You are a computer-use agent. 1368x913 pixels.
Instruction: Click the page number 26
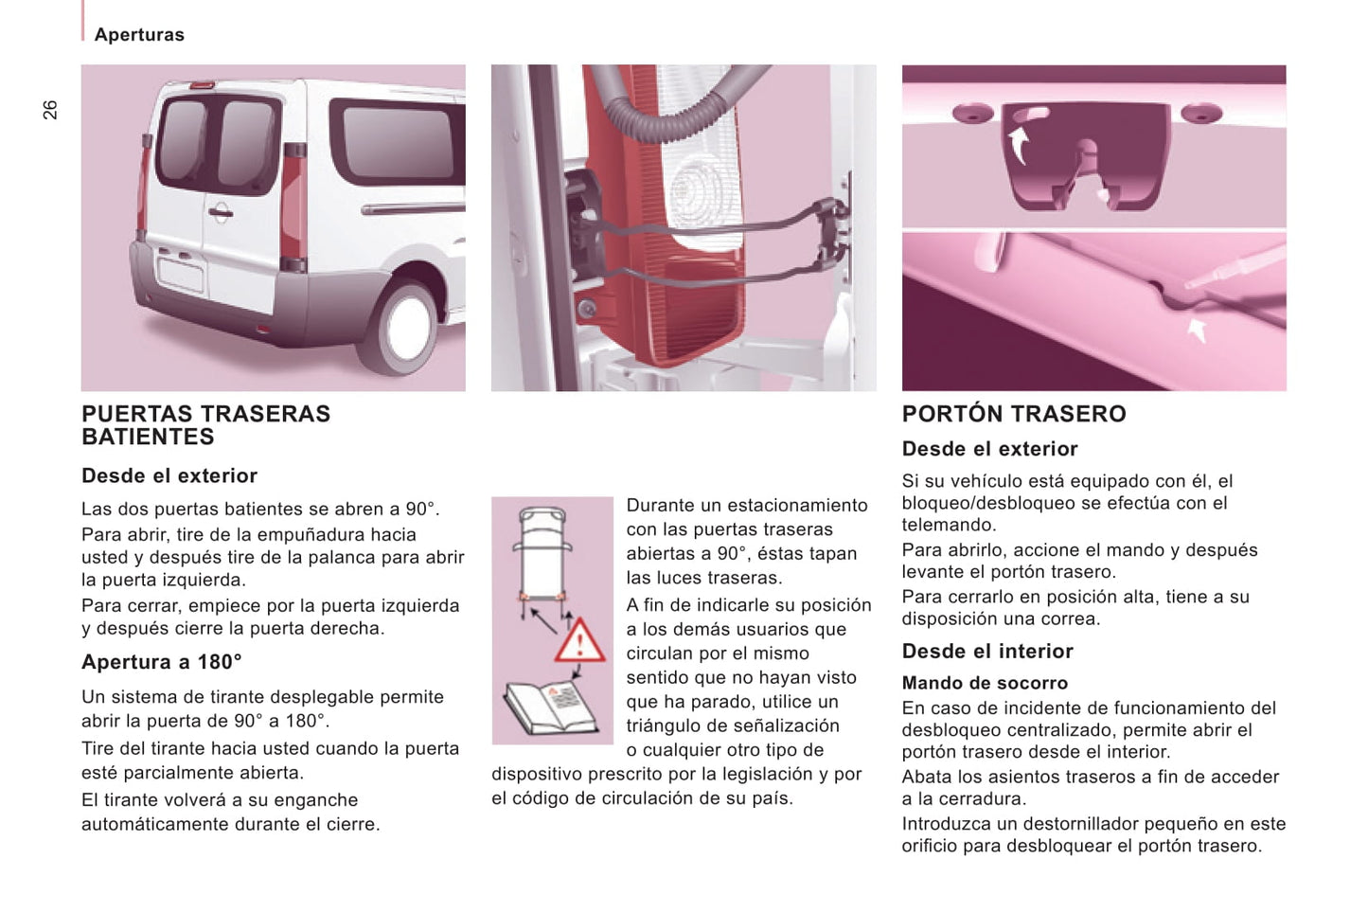[x=50, y=110]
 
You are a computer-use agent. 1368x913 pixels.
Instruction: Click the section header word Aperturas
[x=139, y=35]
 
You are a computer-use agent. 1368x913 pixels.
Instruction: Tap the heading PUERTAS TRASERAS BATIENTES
[x=205, y=425]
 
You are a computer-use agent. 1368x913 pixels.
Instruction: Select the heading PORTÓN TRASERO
[x=1013, y=414]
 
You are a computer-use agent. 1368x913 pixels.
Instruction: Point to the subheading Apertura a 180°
[x=162, y=662]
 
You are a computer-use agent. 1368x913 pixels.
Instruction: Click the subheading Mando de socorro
[x=985, y=683]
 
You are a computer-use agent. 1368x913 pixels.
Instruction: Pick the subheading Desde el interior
[x=987, y=652]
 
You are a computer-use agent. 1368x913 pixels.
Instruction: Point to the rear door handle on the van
[x=220, y=213]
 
